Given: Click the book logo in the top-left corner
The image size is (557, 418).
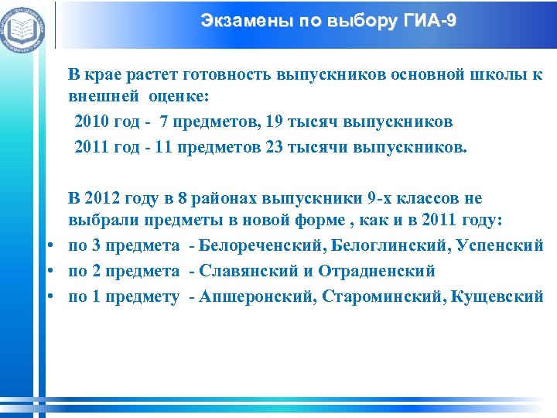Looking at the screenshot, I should coord(24,29).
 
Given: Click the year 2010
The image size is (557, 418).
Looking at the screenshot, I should coord(92,123).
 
